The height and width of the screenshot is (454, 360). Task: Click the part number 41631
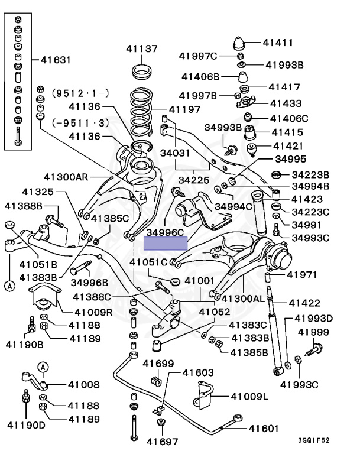tap(56, 60)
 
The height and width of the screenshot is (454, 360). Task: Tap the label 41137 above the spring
tap(141, 48)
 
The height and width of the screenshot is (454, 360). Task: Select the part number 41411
tap(278, 42)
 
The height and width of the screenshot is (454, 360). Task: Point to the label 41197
tap(184, 109)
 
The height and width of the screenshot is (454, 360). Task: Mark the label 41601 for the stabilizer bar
tap(263, 429)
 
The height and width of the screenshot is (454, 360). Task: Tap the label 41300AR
tap(66, 177)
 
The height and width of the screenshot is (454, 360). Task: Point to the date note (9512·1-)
tap(72, 92)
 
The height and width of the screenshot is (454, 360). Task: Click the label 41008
tap(83, 385)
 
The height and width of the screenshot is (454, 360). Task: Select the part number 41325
tap(38, 192)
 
